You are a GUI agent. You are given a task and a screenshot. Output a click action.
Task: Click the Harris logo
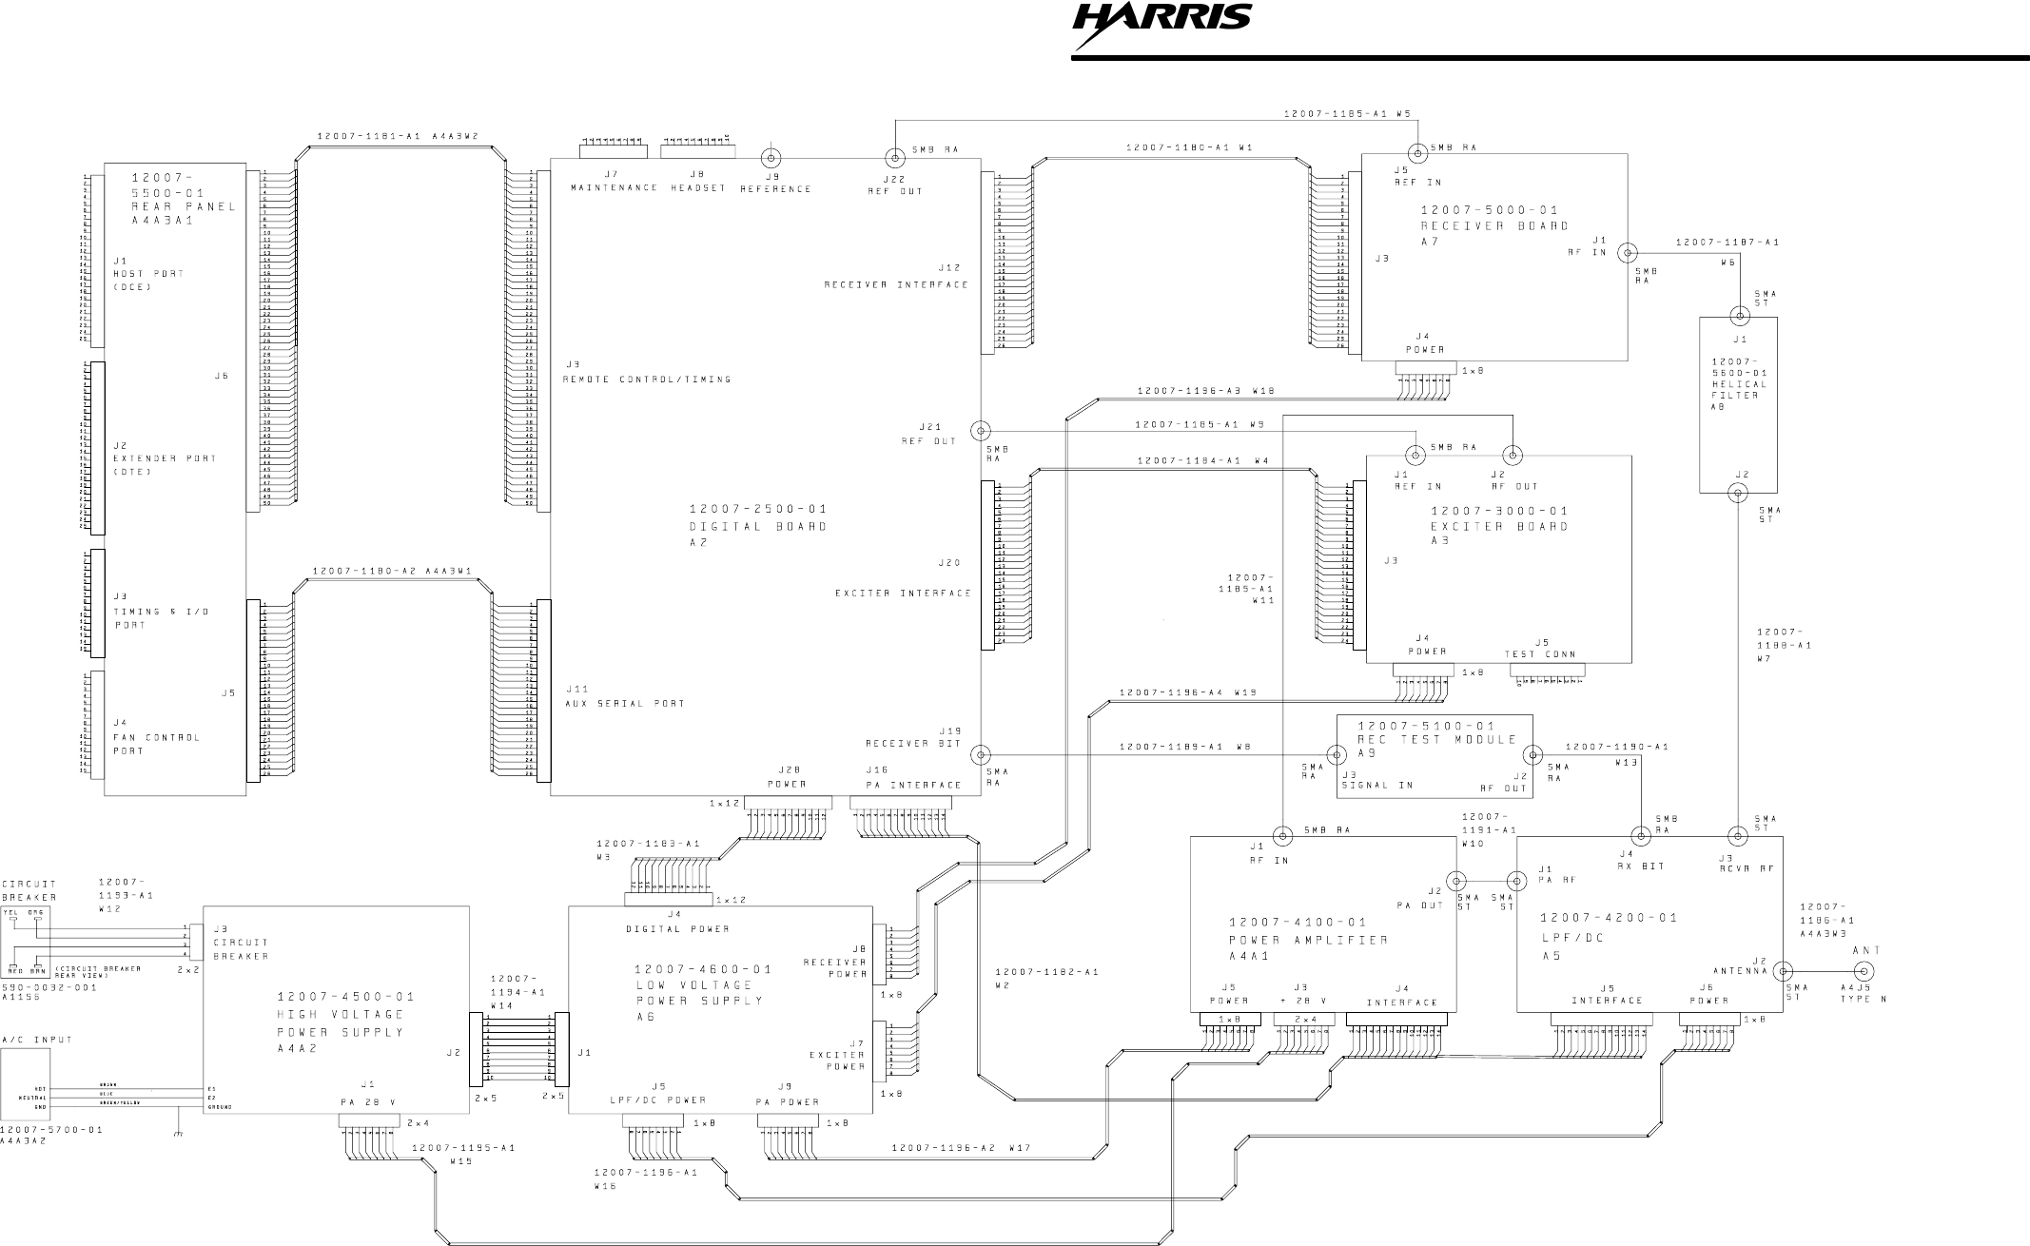[1161, 27]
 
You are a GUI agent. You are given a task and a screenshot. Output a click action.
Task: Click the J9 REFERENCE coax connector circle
[771, 157]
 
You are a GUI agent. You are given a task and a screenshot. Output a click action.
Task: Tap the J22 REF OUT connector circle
[895, 157]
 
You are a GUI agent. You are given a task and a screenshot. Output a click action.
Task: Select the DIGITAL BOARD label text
[758, 526]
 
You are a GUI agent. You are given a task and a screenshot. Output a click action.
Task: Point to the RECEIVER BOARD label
[1494, 226]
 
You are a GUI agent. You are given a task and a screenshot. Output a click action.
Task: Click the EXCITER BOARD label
[1500, 526]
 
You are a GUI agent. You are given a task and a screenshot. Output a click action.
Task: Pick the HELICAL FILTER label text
[1739, 390]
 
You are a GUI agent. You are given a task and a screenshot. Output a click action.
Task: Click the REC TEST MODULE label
[1436, 739]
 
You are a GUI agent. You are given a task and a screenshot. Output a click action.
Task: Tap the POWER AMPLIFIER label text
[1308, 940]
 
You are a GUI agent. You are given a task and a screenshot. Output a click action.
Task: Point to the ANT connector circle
[1865, 971]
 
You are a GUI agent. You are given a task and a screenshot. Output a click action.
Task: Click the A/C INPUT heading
[37, 1040]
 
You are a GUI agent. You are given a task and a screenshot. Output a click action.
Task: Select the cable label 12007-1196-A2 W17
[961, 1148]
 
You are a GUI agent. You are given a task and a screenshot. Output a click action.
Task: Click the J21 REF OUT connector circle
[980, 431]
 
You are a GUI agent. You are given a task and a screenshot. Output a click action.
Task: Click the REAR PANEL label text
[184, 206]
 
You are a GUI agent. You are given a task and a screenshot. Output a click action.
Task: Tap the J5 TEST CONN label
[1540, 653]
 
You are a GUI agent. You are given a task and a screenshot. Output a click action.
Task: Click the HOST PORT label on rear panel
[148, 274]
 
